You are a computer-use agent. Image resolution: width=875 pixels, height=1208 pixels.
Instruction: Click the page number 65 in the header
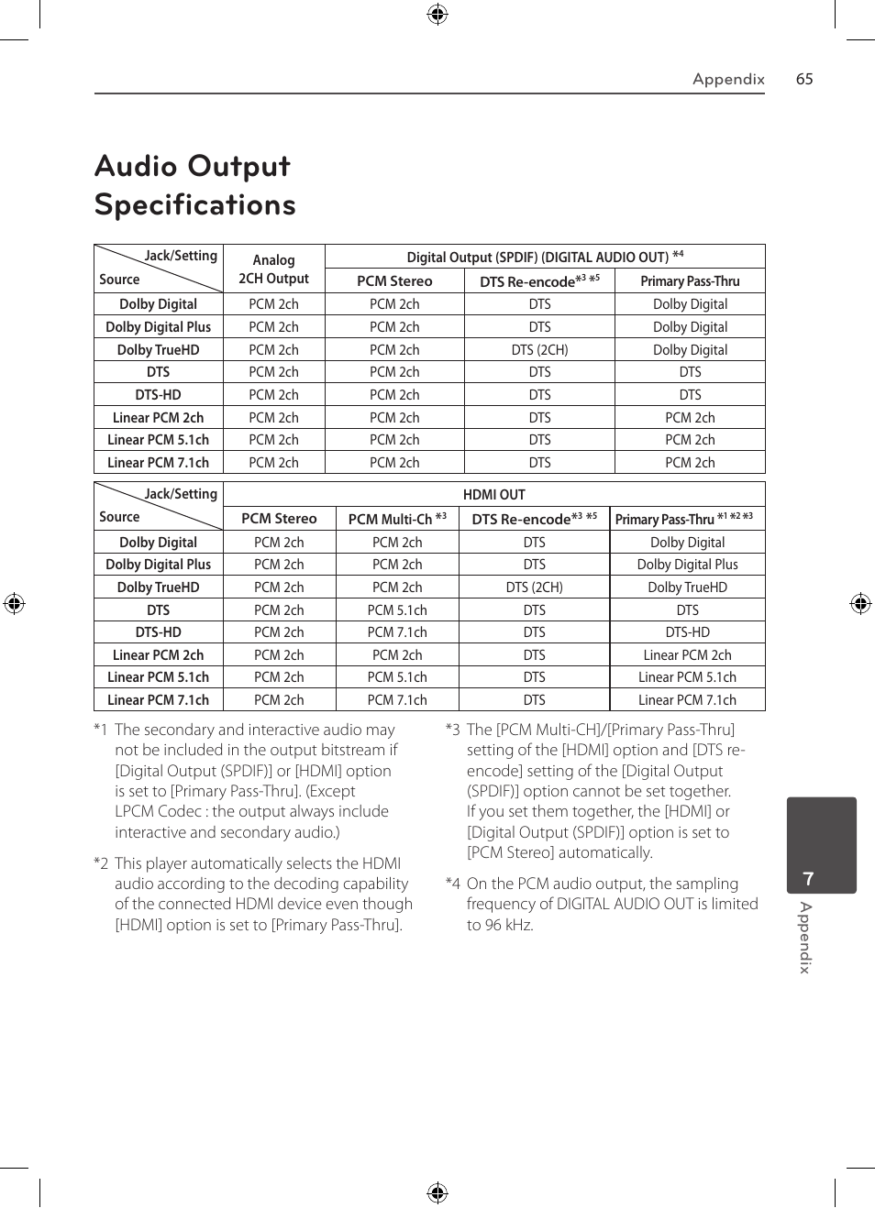click(x=804, y=79)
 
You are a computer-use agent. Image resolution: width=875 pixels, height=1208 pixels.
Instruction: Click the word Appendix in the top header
click(x=728, y=79)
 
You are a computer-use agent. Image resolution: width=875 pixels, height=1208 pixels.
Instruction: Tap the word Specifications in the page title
click(x=195, y=204)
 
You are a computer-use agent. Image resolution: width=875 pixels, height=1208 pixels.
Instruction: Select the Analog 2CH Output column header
click(x=273, y=269)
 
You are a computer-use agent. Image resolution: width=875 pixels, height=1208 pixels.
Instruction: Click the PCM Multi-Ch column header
click(x=397, y=519)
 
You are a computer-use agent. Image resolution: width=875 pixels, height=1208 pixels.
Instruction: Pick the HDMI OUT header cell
click(x=493, y=495)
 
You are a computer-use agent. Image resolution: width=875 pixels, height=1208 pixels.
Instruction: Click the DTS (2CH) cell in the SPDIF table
click(x=539, y=349)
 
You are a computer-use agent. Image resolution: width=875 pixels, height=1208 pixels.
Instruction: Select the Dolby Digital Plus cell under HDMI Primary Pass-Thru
click(x=687, y=565)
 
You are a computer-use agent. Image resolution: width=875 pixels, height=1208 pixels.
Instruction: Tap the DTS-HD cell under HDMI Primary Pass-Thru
click(x=687, y=632)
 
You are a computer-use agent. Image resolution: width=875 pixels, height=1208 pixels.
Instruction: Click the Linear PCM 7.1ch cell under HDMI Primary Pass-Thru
click(x=687, y=700)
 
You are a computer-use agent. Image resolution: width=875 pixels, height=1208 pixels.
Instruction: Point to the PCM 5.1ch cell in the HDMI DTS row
click(x=397, y=610)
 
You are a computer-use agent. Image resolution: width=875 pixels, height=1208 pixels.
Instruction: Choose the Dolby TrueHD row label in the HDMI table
click(x=158, y=588)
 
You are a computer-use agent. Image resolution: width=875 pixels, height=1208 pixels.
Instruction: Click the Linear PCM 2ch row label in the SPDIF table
click(x=158, y=418)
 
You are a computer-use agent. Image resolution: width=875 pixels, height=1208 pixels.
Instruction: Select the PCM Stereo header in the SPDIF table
click(x=394, y=281)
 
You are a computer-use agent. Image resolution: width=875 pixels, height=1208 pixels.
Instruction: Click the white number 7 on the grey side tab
click(x=808, y=879)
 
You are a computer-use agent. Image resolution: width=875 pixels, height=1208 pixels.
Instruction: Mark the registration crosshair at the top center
click(x=437, y=14)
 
